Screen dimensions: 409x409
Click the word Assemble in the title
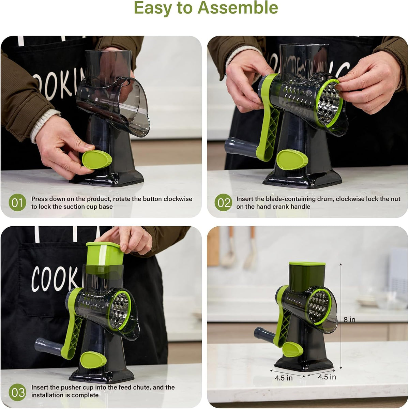click(238, 8)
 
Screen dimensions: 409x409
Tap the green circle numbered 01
click(17, 202)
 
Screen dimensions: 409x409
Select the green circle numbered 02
click(223, 202)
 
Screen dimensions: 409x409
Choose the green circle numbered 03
click(17, 392)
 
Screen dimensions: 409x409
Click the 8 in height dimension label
click(349, 319)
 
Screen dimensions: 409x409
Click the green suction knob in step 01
click(97, 160)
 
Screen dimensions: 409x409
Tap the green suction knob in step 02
click(292, 159)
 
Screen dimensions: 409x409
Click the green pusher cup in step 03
click(104, 254)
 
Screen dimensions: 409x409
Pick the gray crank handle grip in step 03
click(49, 348)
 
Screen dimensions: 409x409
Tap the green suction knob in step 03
click(93, 360)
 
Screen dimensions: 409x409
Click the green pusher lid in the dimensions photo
click(307, 264)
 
